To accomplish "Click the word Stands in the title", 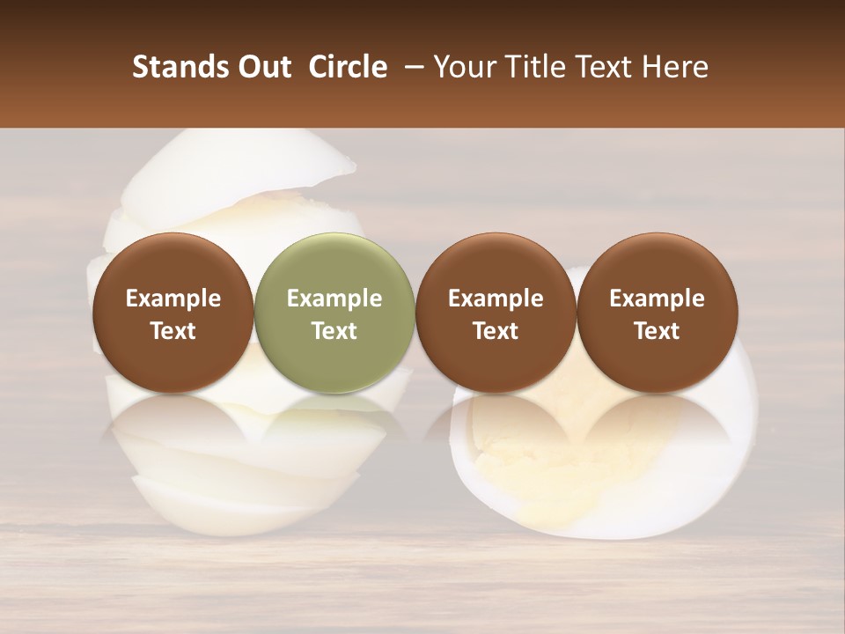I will pos(180,67).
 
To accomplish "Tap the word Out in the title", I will pos(263,67).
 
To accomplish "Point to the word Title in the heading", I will pos(532,67).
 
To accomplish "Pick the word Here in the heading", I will pos(675,67).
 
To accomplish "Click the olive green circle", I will pos(334,313).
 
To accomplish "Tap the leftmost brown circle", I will pos(173,313).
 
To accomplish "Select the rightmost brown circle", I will pos(657,313).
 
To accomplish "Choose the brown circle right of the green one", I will pos(496,313).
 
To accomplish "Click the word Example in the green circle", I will pos(334,299).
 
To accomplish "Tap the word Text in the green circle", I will pos(334,331).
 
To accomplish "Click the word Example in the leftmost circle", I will pos(173,299).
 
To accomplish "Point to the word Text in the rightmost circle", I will pos(657,331).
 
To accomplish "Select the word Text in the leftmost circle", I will pos(173,331).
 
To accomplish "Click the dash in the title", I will pos(411,67).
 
